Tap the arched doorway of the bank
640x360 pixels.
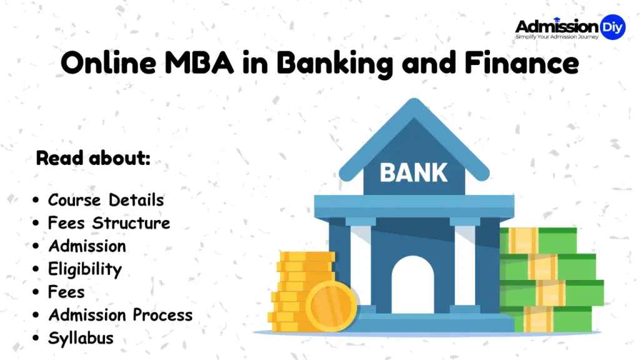(x=412, y=284)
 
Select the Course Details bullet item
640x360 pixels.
(x=106, y=200)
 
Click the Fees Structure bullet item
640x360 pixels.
(x=109, y=223)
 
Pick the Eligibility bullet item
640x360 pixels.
(x=84, y=269)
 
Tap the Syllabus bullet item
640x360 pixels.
(x=81, y=338)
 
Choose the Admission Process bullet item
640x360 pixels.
(x=120, y=315)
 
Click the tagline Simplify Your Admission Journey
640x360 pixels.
(x=557, y=37)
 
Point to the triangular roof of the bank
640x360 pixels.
(x=413, y=134)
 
